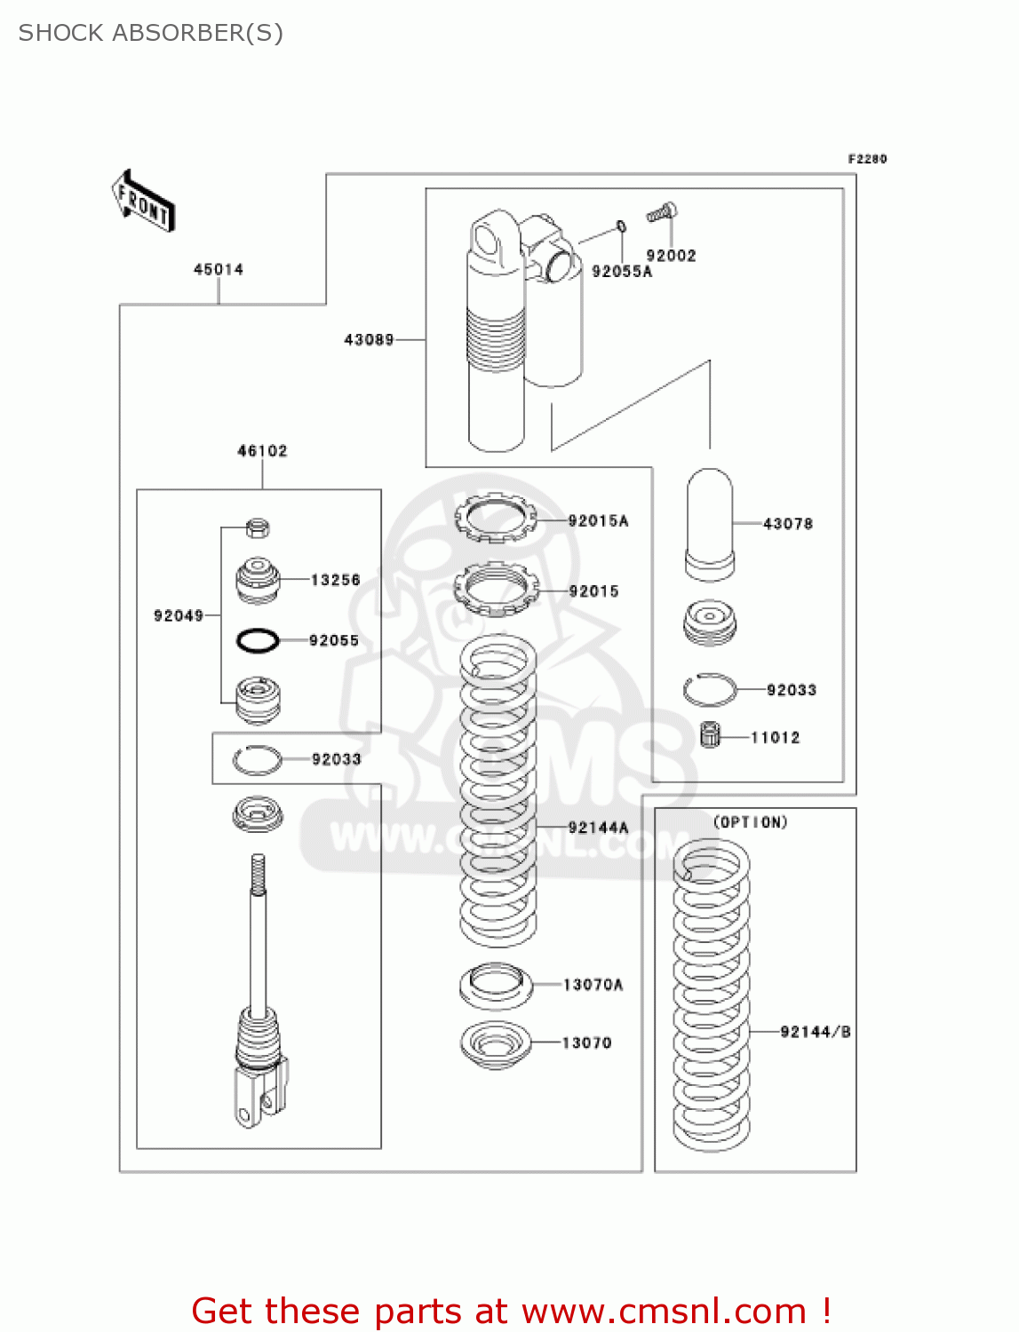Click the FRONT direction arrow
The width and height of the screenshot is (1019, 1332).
(x=142, y=202)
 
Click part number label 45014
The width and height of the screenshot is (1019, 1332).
(x=219, y=269)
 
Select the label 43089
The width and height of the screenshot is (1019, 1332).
(x=369, y=339)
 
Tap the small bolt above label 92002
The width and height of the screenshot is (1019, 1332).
(x=662, y=213)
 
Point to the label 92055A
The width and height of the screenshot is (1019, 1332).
(x=622, y=272)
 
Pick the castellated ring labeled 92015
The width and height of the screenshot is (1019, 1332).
(x=496, y=588)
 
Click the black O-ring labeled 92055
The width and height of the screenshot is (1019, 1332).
(x=258, y=639)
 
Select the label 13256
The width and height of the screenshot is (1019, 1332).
(x=335, y=580)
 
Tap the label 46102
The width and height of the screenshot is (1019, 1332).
(x=262, y=451)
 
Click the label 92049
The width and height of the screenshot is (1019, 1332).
(x=179, y=615)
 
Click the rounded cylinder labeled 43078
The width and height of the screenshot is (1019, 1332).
(x=710, y=524)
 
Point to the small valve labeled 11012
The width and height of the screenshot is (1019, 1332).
(x=710, y=734)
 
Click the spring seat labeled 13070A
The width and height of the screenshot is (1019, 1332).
(x=496, y=986)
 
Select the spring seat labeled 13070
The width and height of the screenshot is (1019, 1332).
(x=496, y=1044)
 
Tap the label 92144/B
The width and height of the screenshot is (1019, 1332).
(x=816, y=1032)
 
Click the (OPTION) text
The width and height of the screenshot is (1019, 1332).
(x=751, y=822)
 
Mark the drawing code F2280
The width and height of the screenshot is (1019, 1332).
(x=867, y=159)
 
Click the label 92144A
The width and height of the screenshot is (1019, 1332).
(x=598, y=828)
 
